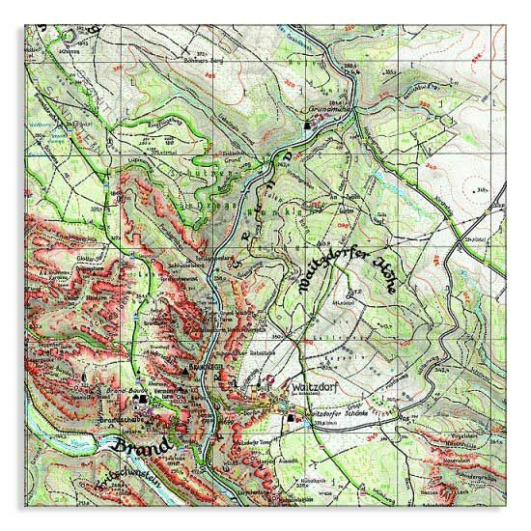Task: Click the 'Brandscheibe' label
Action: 121,422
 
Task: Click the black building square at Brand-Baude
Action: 142,398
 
